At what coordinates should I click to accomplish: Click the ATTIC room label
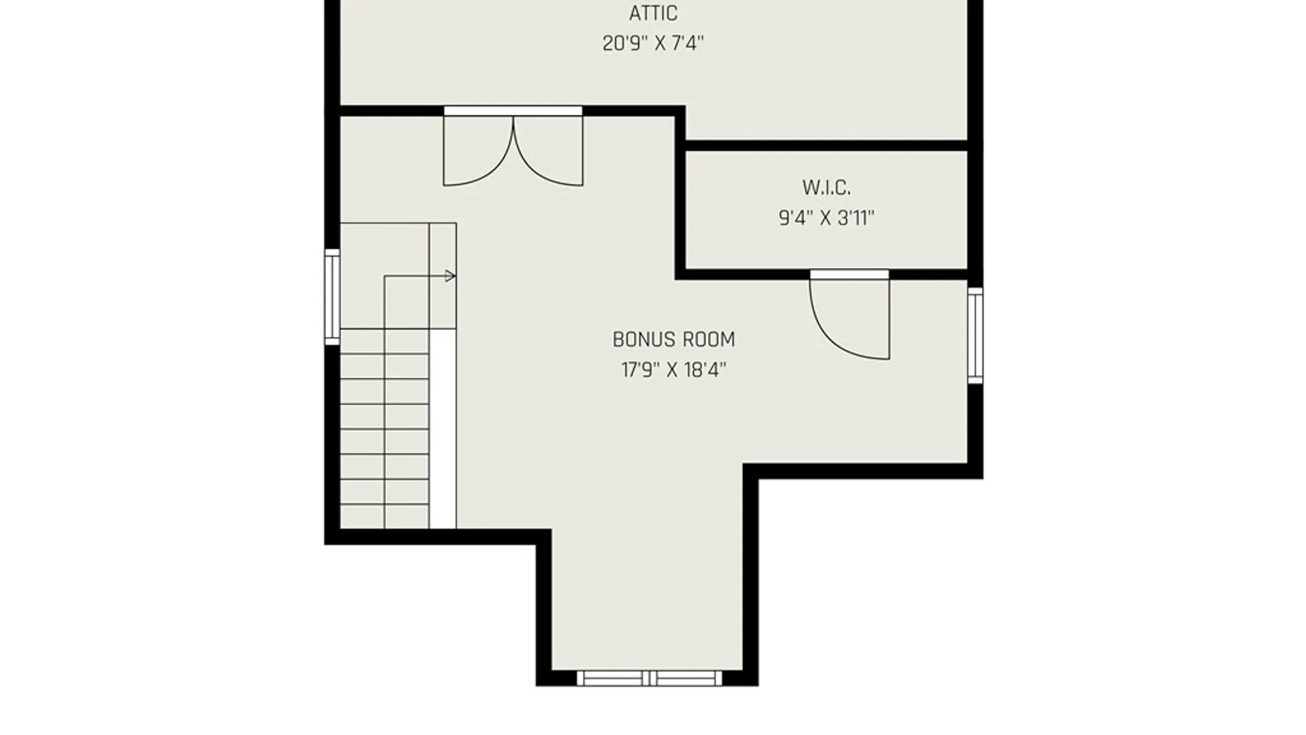click(x=653, y=13)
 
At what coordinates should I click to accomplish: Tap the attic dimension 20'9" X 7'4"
click(x=653, y=44)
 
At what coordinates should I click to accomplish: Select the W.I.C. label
click(x=826, y=187)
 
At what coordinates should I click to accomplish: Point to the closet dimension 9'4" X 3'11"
click(x=826, y=218)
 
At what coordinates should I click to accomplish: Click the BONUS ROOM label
click(x=673, y=339)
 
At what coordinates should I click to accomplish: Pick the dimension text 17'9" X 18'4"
click(x=673, y=370)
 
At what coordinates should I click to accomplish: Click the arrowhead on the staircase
click(x=450, y=276)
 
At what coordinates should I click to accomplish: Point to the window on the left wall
click(x=332, y=297)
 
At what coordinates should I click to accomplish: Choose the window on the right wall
click(x=975, y=335)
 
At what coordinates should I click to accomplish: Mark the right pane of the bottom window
click(x=686, y=678)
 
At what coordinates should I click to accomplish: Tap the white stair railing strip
click(x=442, y=429)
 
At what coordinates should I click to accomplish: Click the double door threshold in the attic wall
click(x=513, y=111)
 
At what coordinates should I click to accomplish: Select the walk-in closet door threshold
click(x=849, y=274)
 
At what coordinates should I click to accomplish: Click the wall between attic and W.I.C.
click(x=826, y=146)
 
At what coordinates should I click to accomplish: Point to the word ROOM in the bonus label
click(x=709, y=339)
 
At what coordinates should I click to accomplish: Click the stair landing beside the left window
click(x=384, y=276)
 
